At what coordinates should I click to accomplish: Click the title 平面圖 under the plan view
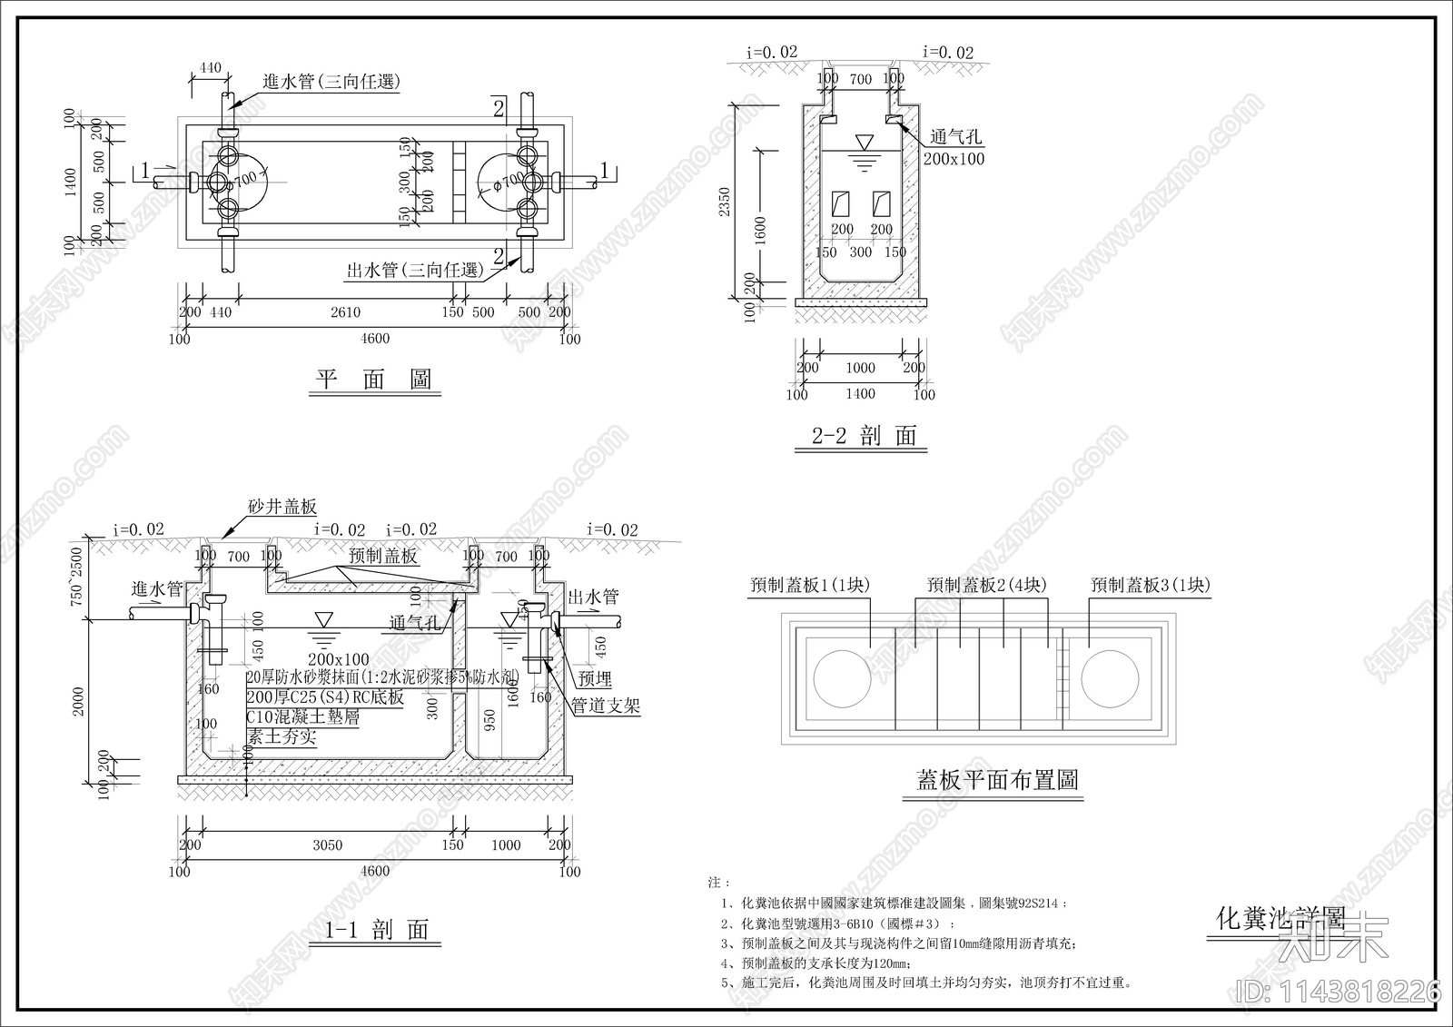click(373, 380)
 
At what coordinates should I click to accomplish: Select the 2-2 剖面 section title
click(863, 436)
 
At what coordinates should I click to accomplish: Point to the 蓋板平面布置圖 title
click(997, 780)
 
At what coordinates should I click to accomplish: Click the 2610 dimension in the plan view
click(345, 312)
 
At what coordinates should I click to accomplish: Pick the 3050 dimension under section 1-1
click(328, 845)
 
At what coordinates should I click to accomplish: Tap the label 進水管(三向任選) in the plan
click(331, 82)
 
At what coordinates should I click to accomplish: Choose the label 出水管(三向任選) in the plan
click(413, 270)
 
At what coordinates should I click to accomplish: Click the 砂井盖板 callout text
click(282, 507)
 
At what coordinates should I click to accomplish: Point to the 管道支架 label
click(606, 706)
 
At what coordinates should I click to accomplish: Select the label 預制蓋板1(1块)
click(810, 586)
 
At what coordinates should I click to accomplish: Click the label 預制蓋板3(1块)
click(1151, 586)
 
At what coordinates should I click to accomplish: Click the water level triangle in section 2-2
click(865, 143)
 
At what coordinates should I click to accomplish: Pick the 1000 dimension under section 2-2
click(860, 368)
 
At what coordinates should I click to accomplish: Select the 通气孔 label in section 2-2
click(955, 137)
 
